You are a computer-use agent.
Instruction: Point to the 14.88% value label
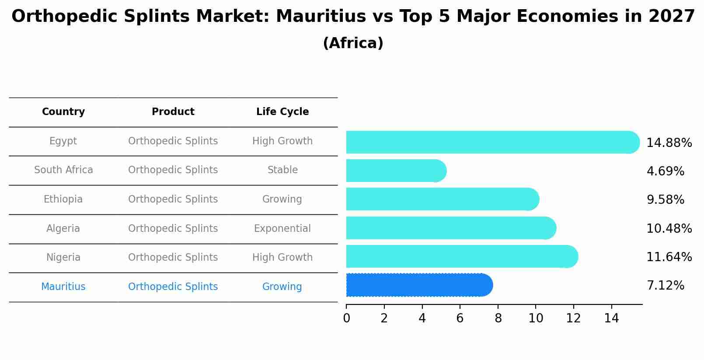(669, 143)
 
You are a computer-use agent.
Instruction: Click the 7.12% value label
(665, 286)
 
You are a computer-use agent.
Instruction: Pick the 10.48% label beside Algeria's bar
(669, 229)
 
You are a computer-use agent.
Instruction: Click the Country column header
(63, 112)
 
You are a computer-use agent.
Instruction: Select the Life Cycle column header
(282, 112)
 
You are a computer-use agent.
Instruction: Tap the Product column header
(173, 112)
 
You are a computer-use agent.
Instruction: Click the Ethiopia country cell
(63, 199)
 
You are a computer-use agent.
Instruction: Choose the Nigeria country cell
(63, 258)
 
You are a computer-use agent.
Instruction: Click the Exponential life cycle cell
(282, 229)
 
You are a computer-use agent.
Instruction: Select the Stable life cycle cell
(282, 170)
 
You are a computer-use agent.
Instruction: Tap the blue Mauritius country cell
(63, 287)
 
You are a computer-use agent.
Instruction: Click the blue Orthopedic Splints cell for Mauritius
(173, 287)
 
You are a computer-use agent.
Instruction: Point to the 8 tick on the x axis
(498, 318)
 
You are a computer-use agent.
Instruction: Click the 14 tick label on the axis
(611, 318)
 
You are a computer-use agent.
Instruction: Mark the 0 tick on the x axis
(346, 318)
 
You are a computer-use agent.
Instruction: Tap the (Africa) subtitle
(353, 43)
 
